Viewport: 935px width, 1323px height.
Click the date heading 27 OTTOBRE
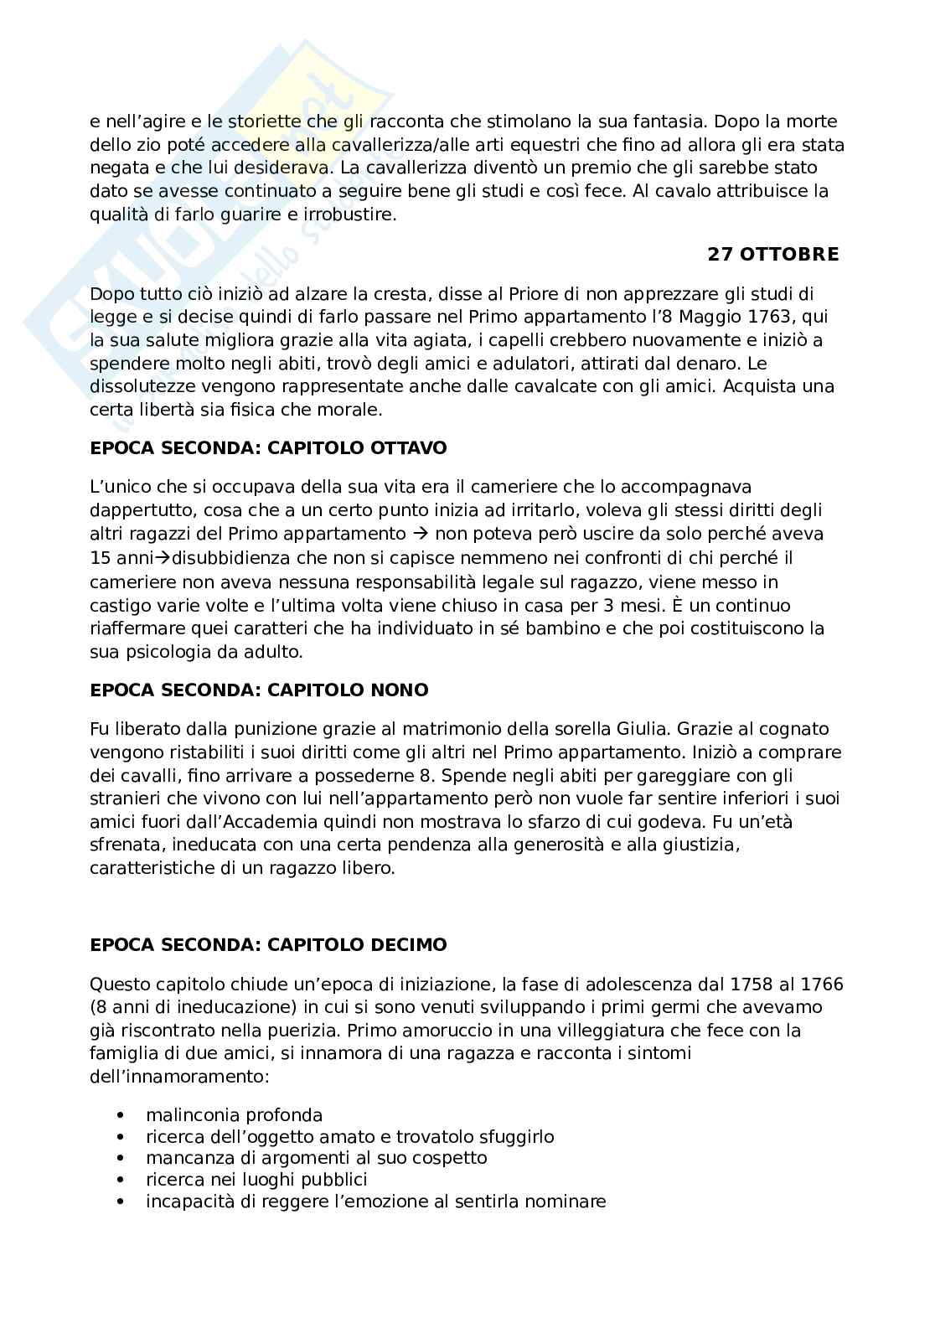pyautogui.click(x=772, y=255)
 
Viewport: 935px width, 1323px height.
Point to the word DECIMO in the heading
pyautogui.click(x=408, y=945)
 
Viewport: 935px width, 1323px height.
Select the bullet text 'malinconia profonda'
pyautogui.click(x=234, y=1115)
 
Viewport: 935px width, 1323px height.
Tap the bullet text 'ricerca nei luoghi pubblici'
pyautogui.click(x=256, y=1180)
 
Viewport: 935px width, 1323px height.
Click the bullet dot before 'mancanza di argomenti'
pyautogui.click(x=123, y=1159)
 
